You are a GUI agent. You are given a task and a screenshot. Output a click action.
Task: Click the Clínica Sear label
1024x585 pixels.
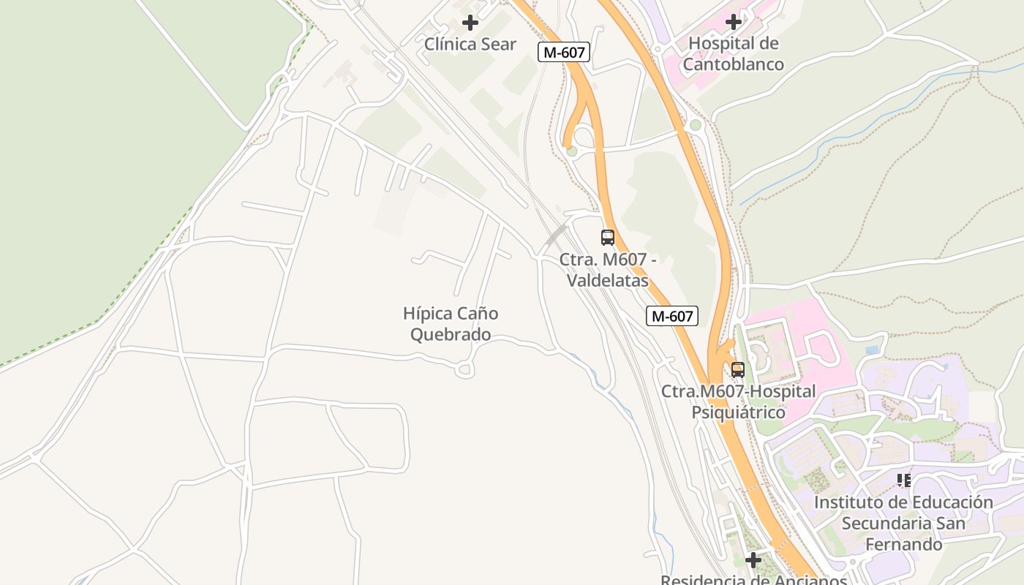tap(470, 44)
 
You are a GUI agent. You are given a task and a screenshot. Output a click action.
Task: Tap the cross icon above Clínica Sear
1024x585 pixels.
tap(470, 23)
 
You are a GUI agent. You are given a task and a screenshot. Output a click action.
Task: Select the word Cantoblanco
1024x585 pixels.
tap(734, 64)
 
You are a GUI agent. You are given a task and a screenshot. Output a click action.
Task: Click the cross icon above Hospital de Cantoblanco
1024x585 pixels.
tap(734, 22)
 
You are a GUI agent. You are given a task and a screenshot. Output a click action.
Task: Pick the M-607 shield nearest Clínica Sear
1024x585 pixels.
tap(563, 52)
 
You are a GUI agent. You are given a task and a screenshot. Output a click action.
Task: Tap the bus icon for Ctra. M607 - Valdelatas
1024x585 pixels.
tap(608, 237)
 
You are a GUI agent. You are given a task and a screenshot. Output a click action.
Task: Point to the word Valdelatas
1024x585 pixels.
tap(609, 281)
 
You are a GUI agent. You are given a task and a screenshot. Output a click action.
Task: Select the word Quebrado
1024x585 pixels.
tap(451, 335)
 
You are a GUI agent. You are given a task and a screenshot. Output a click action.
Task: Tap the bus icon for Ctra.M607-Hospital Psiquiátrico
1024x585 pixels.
tap(737, 370)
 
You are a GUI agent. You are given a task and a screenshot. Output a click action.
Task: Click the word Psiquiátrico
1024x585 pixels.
tap(739, 412)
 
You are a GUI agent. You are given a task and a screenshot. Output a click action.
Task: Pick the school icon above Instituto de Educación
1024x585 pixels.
tap(904, 480)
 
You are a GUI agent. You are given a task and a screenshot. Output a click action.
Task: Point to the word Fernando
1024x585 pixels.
tap(904, 545)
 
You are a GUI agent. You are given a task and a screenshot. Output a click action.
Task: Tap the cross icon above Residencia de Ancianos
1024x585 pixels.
tap(753, 560)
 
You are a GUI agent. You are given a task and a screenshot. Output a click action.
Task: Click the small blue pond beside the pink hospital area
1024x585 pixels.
tap(872, 350)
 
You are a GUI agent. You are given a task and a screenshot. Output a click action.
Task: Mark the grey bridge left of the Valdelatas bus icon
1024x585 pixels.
tap(556, 235)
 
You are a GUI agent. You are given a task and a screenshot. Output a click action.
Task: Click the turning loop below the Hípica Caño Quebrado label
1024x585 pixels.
tap(464, 371)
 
